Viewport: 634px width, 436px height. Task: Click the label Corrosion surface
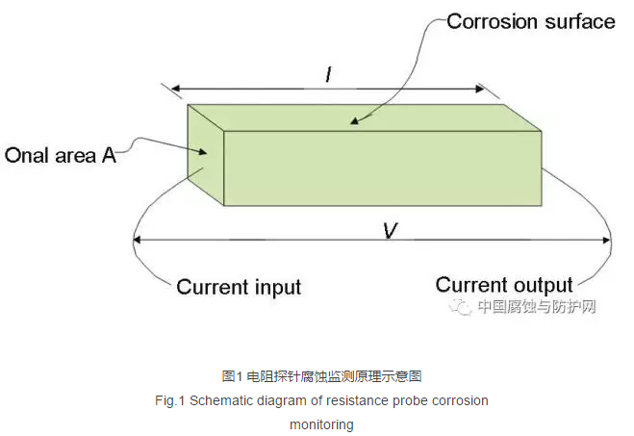pyautogui.click(x=531, y=20)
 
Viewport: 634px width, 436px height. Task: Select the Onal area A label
pyautogui.click(x=61, y=155)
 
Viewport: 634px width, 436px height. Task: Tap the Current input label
pyautogui.click(x=239, y=287)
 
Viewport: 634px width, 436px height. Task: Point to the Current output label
pyautogui.click(x=504, y=285)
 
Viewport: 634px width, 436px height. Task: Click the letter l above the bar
pyautogui.click(x=328, y=73)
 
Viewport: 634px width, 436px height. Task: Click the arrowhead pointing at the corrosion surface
pyautogui.click(x=354, y=121)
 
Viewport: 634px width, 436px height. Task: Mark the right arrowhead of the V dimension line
pyautogui.click(x=608, y=241)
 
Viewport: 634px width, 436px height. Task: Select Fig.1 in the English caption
pyautogui.click(x=170, y=400)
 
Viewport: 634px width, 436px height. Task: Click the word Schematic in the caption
pyautogui.click(x=223, y=400)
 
